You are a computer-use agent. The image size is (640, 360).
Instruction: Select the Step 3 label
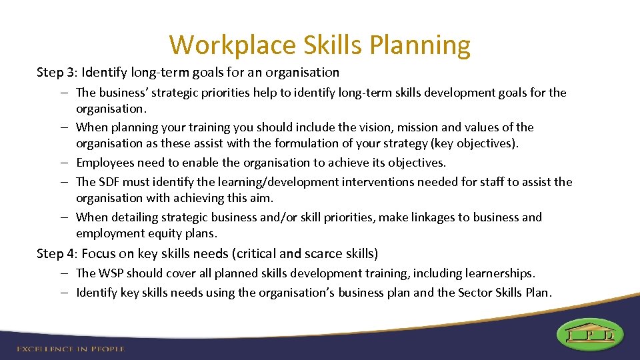56,72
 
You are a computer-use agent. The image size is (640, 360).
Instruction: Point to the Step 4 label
56,253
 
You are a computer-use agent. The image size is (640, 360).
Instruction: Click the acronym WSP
111,273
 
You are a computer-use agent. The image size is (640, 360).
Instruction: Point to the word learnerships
500,273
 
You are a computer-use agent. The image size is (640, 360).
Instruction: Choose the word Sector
477,293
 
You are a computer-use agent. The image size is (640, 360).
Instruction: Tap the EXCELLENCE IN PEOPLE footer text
71,349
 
